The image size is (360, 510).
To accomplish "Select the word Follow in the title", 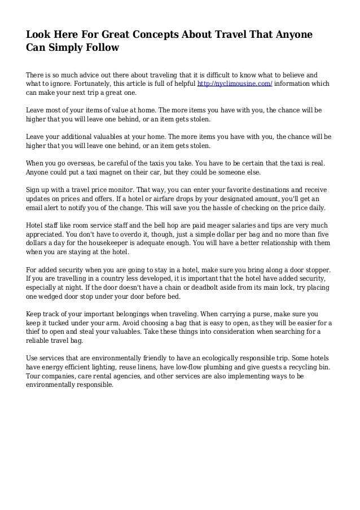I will click(x=102, y=49).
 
